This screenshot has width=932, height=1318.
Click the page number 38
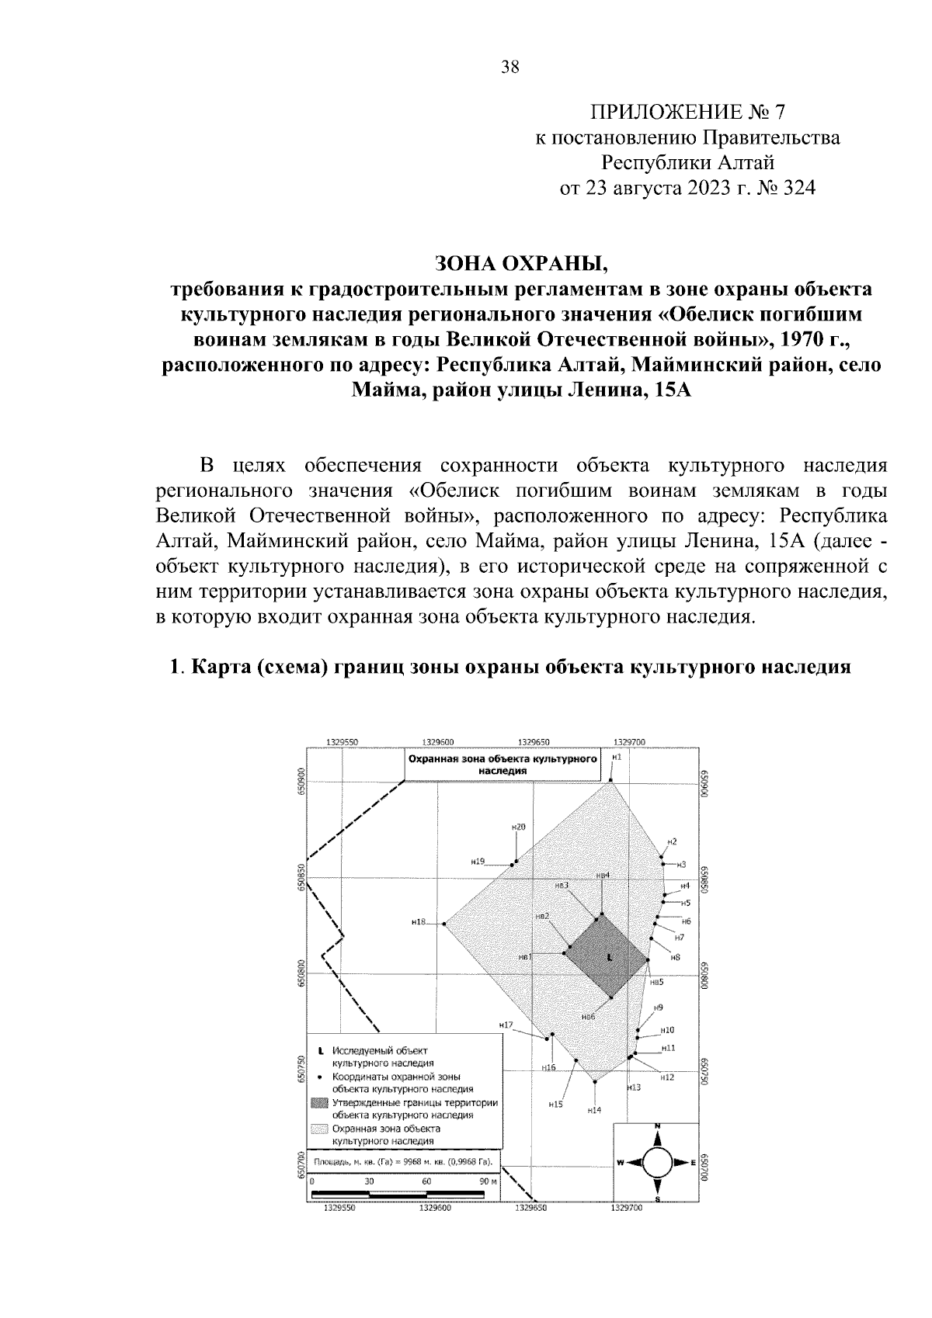(x=509, y=67)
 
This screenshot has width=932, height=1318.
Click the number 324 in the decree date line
(x=796, y=188)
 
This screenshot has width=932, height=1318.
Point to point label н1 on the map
(x=616, y=755)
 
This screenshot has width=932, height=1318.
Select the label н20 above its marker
(x=518, y=827)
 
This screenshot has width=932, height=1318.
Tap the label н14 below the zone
(x=594, y=1111)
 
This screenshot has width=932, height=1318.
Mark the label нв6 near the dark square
(x=588, y=1016)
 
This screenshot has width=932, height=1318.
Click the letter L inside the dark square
(x=609, y=958)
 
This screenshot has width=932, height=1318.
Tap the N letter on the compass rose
(x=657, y=1126)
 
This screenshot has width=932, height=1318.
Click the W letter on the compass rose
(x=621, y=1162)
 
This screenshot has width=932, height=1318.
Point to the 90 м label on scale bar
(x=488, y=1181)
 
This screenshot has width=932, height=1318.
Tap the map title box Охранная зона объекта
(x=503, y=764)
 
